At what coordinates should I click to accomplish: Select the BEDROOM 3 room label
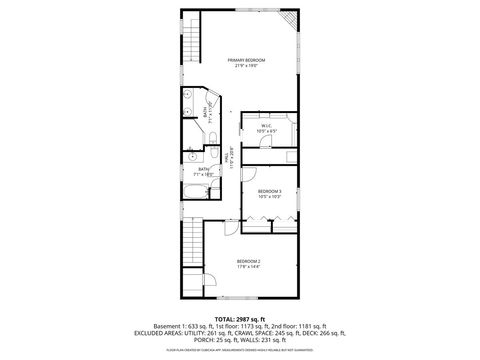point(269,191)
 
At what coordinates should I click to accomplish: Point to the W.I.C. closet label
point(267,125)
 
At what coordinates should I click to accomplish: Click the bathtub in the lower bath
point(196,191)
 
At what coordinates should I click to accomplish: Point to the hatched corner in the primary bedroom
point(291,21)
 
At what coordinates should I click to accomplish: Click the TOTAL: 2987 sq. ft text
point(240,318)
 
